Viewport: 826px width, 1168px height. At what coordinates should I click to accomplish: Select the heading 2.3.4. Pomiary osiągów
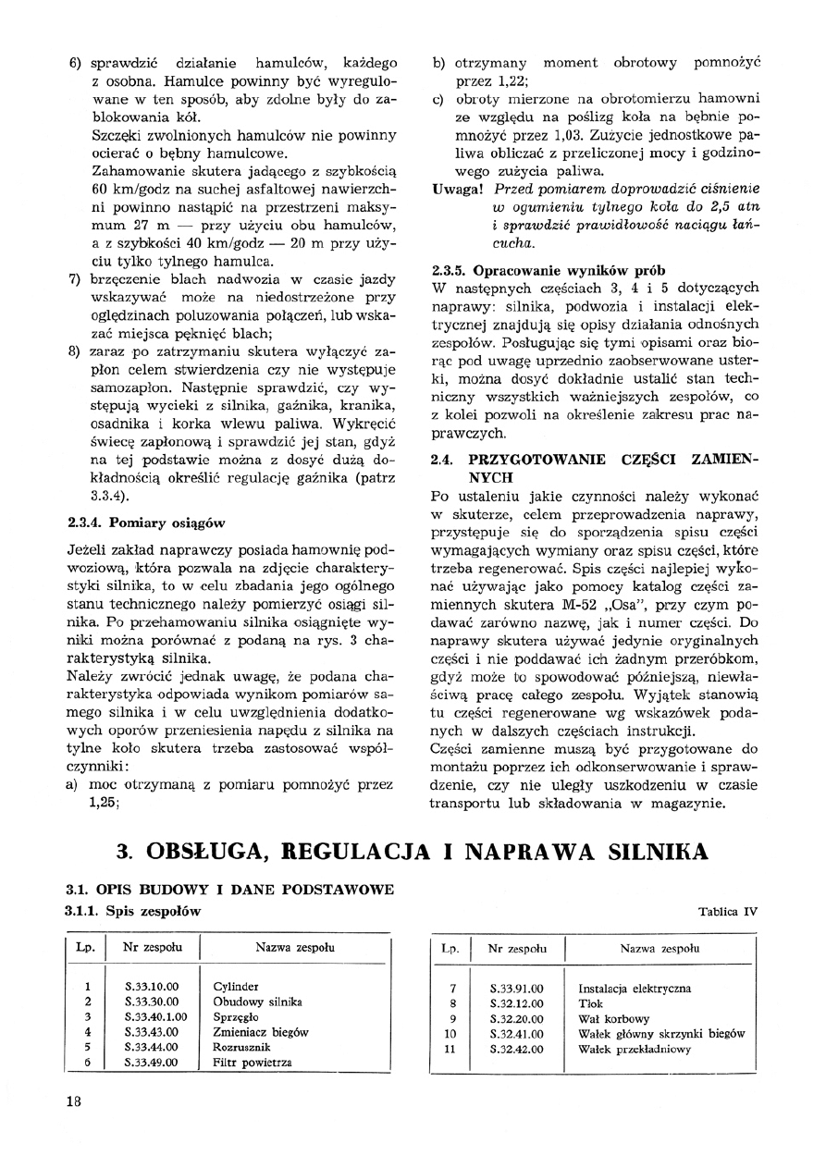click(147, 523)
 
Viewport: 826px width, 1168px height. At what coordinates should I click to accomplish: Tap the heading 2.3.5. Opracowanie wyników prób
click(549, 272)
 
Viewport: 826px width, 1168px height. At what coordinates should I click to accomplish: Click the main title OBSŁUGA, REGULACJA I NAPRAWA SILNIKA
click(413, 851)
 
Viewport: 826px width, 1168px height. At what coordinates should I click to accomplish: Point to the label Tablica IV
click(728, 911)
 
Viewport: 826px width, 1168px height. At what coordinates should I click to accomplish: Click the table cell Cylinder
click(235, 987)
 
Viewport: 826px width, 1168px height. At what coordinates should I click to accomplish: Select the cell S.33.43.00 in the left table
click(152, 1032)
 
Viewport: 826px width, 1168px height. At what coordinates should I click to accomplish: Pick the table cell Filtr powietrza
click(252, 1063)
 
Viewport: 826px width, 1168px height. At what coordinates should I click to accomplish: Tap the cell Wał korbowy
click(611, 1017)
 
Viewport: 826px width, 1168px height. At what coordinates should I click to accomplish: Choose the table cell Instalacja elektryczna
click(634, 988)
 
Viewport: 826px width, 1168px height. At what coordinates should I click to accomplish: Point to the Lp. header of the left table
click(85, 948)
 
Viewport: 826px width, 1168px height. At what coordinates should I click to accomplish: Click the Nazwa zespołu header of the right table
click(660, 948)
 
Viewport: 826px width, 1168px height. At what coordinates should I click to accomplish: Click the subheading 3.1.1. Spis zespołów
click(133, 911)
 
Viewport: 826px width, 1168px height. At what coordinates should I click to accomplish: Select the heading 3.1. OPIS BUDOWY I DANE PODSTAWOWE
click(230, 890)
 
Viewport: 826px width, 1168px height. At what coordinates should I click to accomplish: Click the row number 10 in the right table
click(451, 1033)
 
